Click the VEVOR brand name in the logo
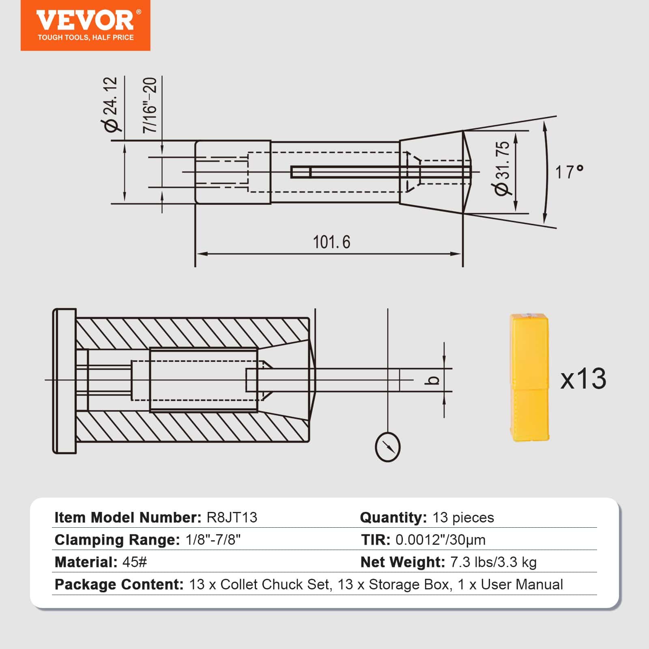pyautogui.click(x=85, y=20)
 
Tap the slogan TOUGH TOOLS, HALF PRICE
pyautogui.click(x=86, y=38)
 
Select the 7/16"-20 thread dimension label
pyautogui.click(x=150, y=105)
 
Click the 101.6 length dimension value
pyautogui.click(x=331, y=242)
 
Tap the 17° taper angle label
pyautogui.click(x=569, y=172)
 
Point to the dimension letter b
pyautogui.click(x=434, y=380)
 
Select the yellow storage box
pyautogui.click(x=529, y=377)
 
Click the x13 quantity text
pyautogui.click(x=583, y=379)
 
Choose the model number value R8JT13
pyautogui.click(x=232, y=518)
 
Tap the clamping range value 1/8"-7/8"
pyautogui.click(x=213, y=540)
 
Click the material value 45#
pyautogui.click(x=134, y=562)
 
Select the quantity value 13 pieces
pyautogui.click(x=463, y=518)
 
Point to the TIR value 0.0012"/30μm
pyautogui.click(x=441, y=540)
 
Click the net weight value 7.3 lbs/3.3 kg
pyautogui.click(x=493, y=562)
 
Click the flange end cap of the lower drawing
pyautogui.click(x=64, y=380)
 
